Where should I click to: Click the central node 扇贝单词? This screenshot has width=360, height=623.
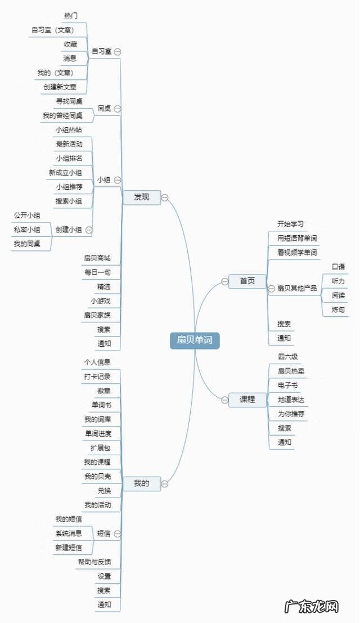(195, 340)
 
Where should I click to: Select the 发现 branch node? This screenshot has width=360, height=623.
(142, 197)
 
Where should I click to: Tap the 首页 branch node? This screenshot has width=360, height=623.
(247, 281)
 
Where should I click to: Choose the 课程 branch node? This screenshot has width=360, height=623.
(247, 400)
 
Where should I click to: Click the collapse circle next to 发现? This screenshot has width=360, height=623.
(165, 197)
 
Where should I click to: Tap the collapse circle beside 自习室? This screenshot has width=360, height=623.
(118, 51)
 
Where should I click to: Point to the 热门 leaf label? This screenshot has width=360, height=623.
(71, 15)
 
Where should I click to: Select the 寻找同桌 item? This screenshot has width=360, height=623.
(69, 101)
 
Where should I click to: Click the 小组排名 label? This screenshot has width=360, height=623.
(69, 158)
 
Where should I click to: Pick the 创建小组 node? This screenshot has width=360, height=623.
(69, 230)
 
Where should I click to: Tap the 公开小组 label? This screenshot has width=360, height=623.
(26, 216)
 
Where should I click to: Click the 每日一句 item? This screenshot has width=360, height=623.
(97, 272)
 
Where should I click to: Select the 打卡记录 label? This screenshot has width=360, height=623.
(97, 377)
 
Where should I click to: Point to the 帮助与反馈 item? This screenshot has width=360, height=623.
(94, 562)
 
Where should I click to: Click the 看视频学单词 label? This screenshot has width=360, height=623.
(297, 253)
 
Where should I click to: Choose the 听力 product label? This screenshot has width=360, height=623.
(338, 281)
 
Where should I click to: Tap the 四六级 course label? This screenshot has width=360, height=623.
(287, 357)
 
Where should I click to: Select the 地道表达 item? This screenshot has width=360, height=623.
(291, 400)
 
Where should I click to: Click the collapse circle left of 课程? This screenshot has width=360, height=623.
(224, 400)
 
